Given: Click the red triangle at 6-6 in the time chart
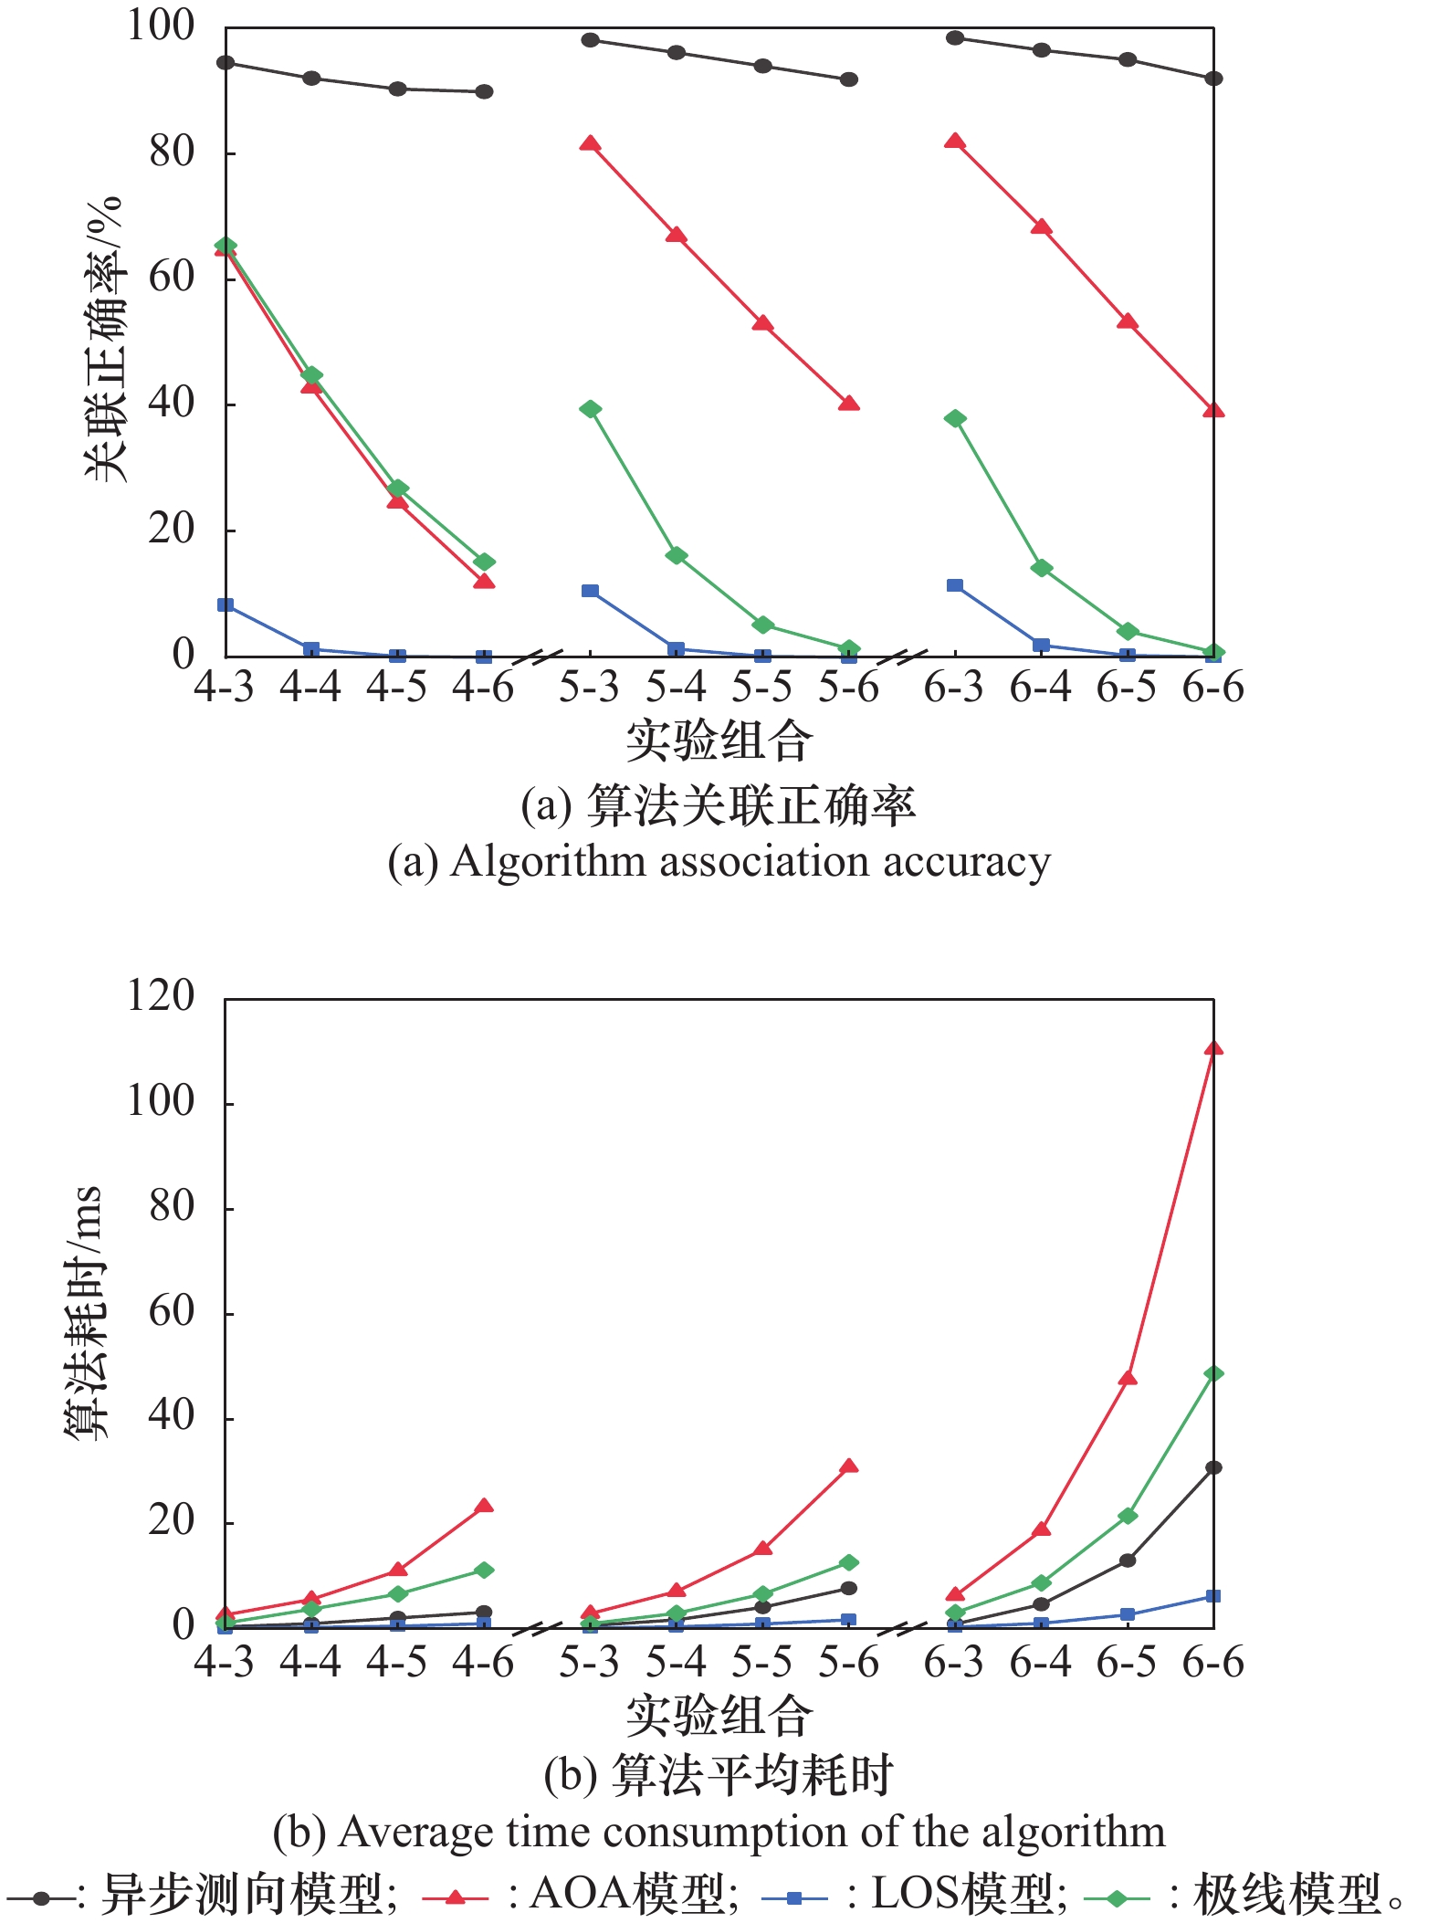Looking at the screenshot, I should [x=1213, y=1048].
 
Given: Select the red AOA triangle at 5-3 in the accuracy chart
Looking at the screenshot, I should [x=590, y=144].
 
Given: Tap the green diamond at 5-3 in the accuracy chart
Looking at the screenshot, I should [x=590, y=409].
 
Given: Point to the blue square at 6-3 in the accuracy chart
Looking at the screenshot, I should [x=955, y=585].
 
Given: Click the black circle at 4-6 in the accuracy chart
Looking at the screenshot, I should [x=484, y=91].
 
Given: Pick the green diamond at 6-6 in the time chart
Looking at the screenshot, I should [x=1213, y=1373].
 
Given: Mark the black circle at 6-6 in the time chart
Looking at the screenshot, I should [x=1213, y=1467].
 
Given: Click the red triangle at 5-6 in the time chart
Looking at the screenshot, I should [x=848, y=1466].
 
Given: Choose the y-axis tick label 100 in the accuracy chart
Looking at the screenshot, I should [x=161, y=26].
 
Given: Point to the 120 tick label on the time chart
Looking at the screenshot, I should [x=161, y=995].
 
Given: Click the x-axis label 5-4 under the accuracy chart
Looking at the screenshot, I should [x=676, y=687].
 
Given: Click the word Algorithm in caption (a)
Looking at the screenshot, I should [x=548, y=861].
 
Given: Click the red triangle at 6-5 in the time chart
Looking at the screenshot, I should [x=1128, y=1378].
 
